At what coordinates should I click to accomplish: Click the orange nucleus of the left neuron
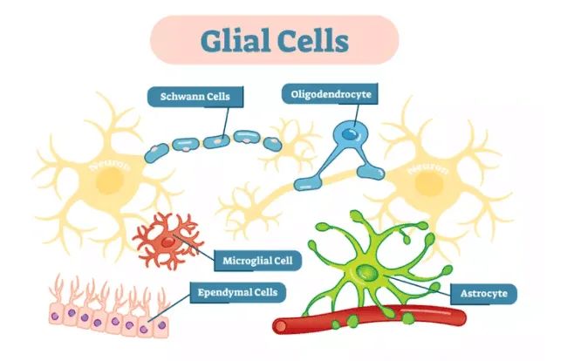[109, 181]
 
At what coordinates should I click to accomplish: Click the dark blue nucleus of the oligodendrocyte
[348, 134]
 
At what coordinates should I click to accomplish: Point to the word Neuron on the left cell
[111, 163]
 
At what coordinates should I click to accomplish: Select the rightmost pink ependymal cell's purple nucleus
[159, 326]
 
